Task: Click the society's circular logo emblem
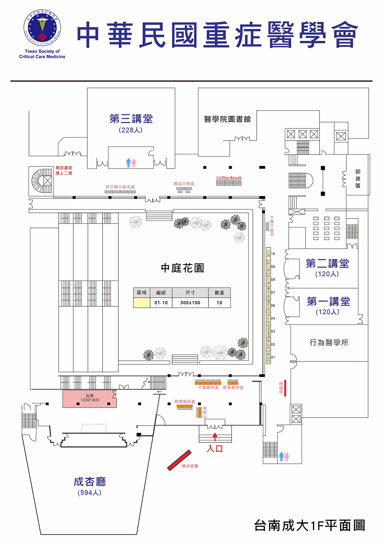[x=42, y=28]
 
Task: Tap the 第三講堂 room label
[x=131, y=119]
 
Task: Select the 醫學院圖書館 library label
[x=227, y=119]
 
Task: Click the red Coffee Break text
[x=229, y=178]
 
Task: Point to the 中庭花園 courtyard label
[x=182, y=268]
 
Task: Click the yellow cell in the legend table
[x=142, y=303]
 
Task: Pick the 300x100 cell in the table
[x=190, y=303]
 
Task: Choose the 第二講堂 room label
[x=327, y=263]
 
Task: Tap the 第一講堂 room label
[x=328, y=301]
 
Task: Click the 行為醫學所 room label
[x=329, y=343]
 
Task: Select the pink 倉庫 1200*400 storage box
[x=89, y=398]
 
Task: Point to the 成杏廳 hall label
[x=90, y=482]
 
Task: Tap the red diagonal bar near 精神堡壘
[x=179, y=460]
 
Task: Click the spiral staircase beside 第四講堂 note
[x=42, y=180]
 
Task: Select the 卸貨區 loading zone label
[x=358, y=179]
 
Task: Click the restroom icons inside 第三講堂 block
[x=131, y=162]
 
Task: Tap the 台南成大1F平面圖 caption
[x=309, y=525]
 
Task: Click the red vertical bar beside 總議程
[x=285, y=388]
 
